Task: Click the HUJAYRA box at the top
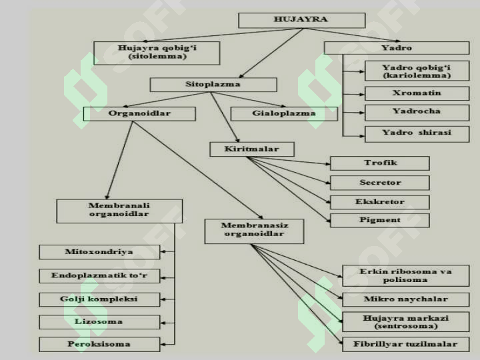pos(301,20)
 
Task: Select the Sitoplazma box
pos(213,85)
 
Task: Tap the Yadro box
pos(397,48)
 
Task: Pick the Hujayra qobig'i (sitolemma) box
pos(157,53)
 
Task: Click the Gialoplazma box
pos(284,113)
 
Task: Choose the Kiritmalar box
pos(252,149)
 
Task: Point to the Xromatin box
pos(417,93)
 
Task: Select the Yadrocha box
pos(417,113)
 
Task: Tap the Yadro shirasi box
pos(417,134)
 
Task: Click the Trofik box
pos(380,163)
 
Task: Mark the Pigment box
pos(380,221)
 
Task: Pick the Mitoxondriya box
pos(99,252)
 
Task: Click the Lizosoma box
pos(99,322)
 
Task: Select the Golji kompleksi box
pos(99,299)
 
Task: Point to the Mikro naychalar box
pos(405,299)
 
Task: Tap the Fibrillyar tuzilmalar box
pos(405,345)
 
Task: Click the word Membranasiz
pos(255,225)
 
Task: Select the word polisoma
pos(405,280)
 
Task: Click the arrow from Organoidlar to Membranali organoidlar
pos(119,161)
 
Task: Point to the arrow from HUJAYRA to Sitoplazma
pos(271,53)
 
